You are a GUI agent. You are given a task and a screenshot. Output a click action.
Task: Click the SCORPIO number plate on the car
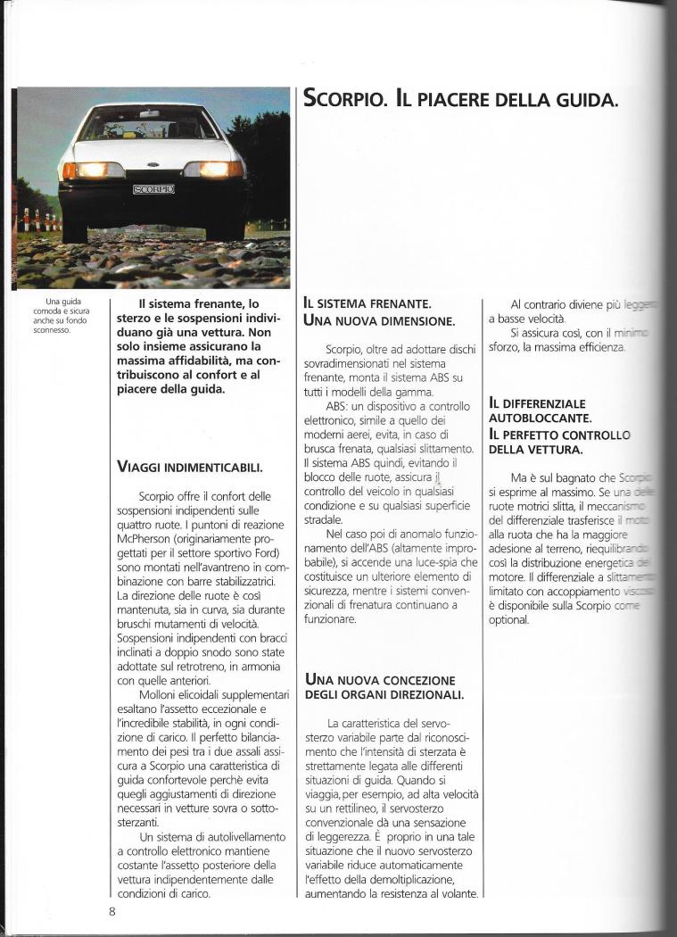[x=153, y=189]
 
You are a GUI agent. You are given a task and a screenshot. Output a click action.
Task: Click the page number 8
[x=112, y=911]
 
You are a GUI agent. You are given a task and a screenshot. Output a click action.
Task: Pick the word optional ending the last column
[x=509, y=619]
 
